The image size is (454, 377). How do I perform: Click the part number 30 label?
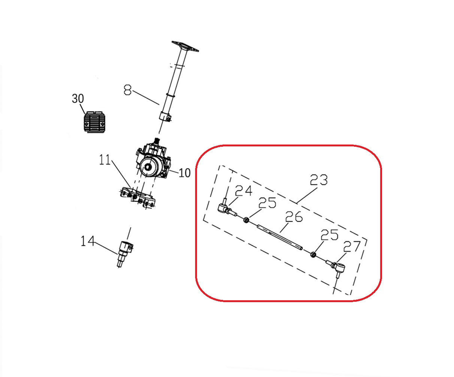tap(78, 99)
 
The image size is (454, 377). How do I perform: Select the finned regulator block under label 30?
tap(95, 122)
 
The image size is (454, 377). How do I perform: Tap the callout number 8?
tap(128, 90)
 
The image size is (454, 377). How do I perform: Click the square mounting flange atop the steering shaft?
tap(185, 46)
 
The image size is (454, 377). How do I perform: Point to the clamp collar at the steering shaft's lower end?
tap(165, 116)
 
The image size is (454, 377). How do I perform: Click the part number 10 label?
tap(184, 173)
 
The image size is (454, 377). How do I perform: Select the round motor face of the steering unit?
tap(149, 167)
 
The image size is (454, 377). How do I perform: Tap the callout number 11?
tap(105, 160)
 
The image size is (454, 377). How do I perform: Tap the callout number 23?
tap(318, 180)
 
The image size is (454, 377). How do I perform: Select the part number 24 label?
tap(243, 191)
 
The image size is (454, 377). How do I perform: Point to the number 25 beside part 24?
tap(267, 203)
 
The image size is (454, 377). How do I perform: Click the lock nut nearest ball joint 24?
tap(246, 220)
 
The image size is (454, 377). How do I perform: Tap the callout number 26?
tap(294, 216)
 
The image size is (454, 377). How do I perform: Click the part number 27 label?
tap(352, 247)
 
